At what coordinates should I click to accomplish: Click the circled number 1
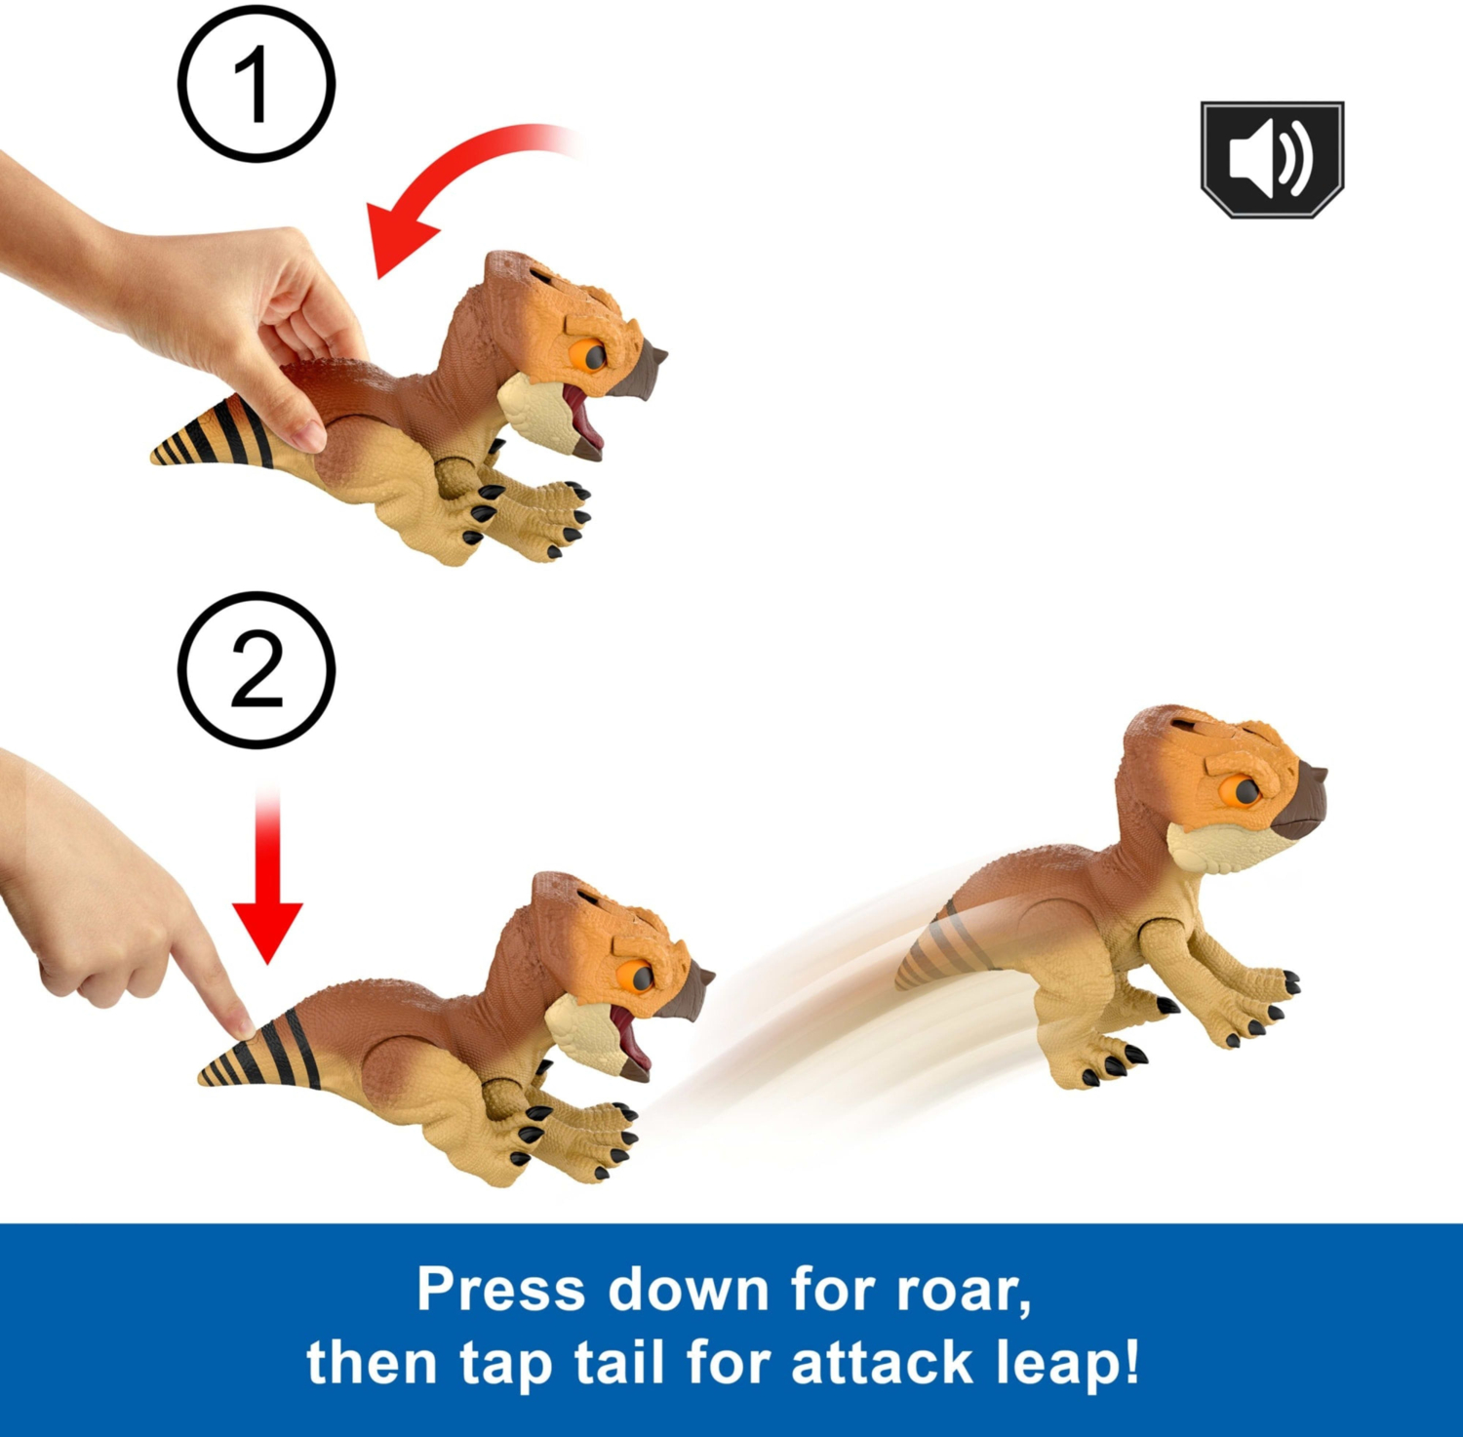257,85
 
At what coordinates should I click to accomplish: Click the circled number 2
257,669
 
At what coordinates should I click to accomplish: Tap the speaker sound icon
1272,159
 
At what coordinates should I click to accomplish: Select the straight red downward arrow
266,878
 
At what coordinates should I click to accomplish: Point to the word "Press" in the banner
500,1289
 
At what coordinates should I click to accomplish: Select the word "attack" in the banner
882,1362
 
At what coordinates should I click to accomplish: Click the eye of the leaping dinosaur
1246,791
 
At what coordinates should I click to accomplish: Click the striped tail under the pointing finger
261,1056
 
